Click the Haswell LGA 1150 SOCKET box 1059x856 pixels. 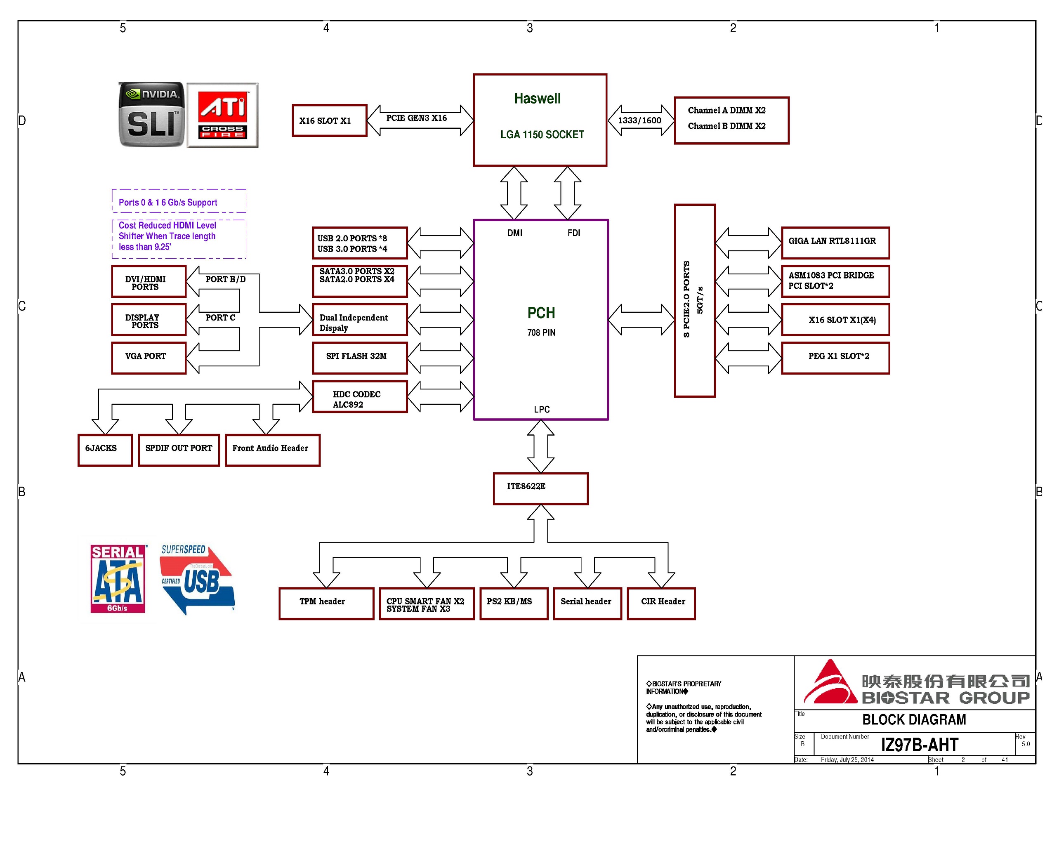pos(540,120)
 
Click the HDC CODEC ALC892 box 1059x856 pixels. pos(360,396)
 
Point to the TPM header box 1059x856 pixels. pos(326,604)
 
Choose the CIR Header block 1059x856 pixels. pos(661,604)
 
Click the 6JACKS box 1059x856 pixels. pos(105,450)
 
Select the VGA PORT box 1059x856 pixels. pos(149,358)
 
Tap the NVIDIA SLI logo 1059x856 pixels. pos(151,114)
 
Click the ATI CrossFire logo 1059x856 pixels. pos(222,115)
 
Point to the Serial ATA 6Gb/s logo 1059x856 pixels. pos(118,578)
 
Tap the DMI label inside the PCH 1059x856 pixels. pos(515,233)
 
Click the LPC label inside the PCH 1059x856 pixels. pos(541,409)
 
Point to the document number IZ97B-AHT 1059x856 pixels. pos(920,745)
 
